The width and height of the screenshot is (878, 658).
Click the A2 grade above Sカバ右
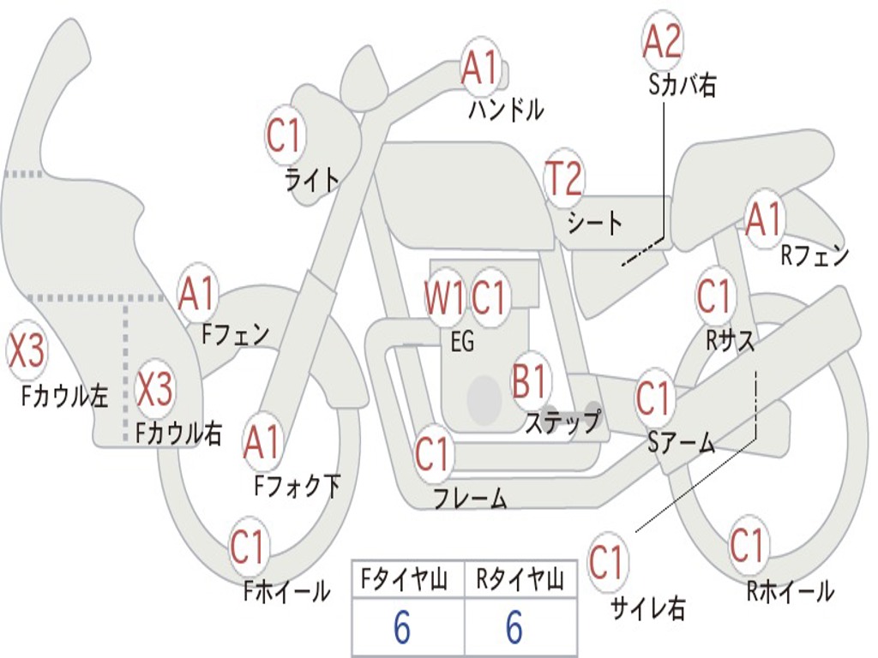(x=662, y=41)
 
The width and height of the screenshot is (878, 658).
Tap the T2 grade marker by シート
(x=564, y=179)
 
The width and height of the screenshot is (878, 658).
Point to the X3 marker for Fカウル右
(x=155, y=390)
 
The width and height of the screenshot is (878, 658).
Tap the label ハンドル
(x=506, y=110)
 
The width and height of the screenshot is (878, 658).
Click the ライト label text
(x=312, y=179)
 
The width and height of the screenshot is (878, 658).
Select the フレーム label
(x=469, y=498)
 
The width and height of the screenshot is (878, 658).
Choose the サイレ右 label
(x=648, y=608)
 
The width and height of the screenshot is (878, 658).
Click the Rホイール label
(x=790, y=591)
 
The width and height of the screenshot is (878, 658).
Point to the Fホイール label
(x=286, y=591)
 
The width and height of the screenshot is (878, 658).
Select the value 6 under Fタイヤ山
(x=402, y=629)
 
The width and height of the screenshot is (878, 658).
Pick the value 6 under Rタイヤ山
(x=514, y=629)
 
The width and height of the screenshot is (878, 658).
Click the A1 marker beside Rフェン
(x=763, y=219)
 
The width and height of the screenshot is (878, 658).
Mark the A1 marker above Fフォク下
(x=262, y=442)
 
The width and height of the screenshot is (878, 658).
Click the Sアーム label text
(x=681, y=443)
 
